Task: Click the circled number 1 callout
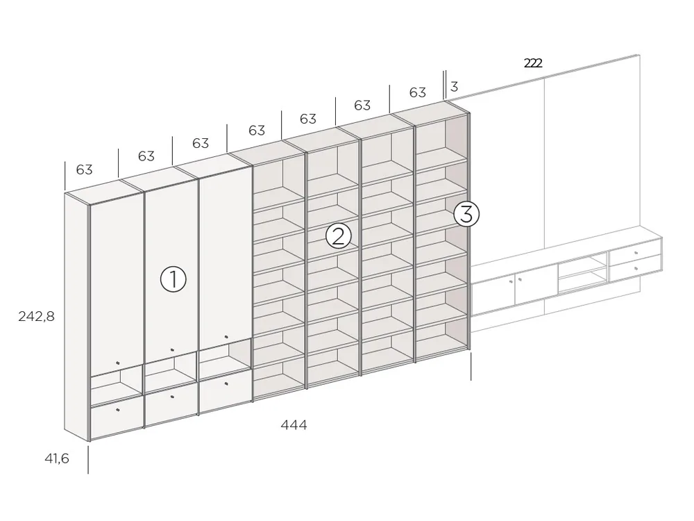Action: point(173,279)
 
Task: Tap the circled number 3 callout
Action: point(466,214)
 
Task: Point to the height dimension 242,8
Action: point(36,316)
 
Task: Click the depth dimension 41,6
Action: point(57,458)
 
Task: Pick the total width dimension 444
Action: point(294,425)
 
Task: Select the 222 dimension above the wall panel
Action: point(533,63)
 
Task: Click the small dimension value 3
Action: point(454,86)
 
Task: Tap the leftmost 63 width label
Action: point(84,169)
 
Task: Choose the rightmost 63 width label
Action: point(417,92)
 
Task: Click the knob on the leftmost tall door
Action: point(117,363)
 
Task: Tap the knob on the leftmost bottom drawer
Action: point(117,410)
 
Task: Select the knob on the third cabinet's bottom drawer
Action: point(226,383)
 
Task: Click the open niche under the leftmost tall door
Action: point(117,384)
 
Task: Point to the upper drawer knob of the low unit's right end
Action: point(636,253)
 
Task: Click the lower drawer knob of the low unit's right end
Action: point(636,268)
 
